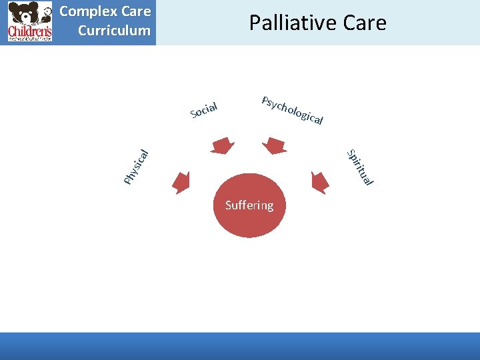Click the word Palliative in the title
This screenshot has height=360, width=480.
[x=289, y=23]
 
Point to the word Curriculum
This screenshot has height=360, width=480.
[x=114, y=31]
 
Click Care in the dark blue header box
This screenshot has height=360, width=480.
[x=137, y=12]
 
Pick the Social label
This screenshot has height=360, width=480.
[x=204, y=109]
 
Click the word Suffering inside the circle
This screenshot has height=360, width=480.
[x=249, y=205]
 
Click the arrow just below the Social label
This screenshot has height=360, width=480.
[x=222, y=145]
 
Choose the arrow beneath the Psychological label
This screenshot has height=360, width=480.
[x=275, y=145]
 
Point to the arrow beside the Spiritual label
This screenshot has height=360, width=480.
[x=320, y=181]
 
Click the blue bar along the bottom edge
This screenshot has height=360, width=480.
[x=240, y=346]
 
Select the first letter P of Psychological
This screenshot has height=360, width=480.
[x=265, y=101]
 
